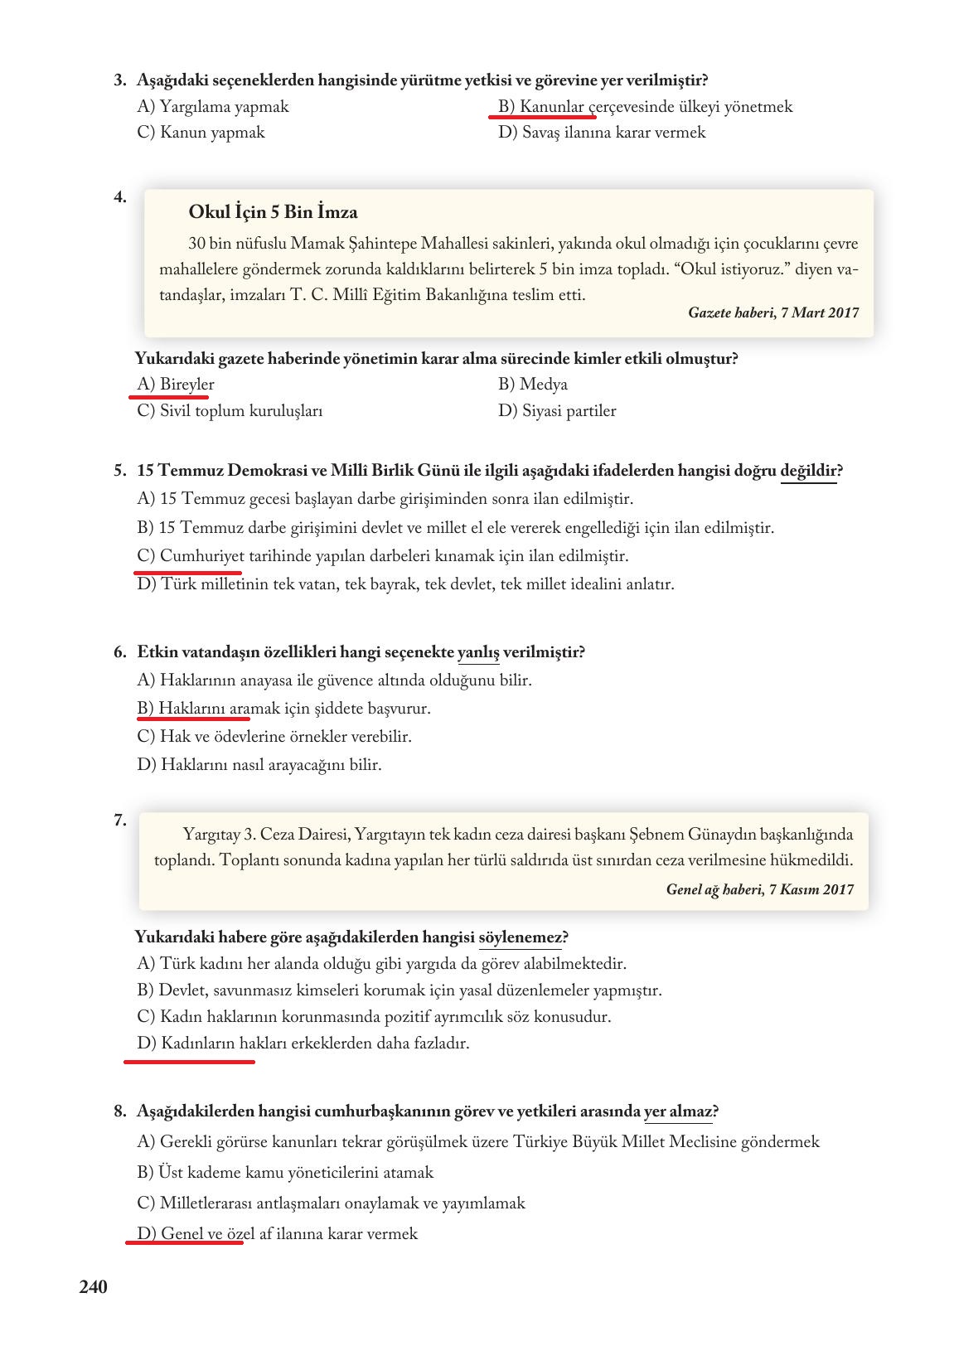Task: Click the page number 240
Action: click(94, 1286)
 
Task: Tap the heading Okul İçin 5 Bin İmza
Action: click(273, 212)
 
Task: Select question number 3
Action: click(119, 80)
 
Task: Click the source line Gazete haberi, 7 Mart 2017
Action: click(772, 312)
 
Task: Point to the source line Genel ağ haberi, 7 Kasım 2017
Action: click(759, 889)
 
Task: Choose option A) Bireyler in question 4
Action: click(176, 385)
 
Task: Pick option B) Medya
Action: click(533, 385)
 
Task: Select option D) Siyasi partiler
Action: click(557, 411)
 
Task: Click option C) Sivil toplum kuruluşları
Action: click(230, 411)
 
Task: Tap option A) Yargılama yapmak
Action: click(213, 107)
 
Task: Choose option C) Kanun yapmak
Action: click(201, 133)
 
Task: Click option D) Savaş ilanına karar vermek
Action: click(602, 133)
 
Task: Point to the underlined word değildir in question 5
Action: click(808, 472)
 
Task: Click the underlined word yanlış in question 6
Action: click(478, 652)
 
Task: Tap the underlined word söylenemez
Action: click(520, 937)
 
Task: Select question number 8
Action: click(119, 1111)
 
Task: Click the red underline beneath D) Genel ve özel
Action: click(184, 1243)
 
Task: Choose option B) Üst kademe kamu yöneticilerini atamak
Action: click(285, 1173)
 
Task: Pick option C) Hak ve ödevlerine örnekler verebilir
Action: click(274, 737)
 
